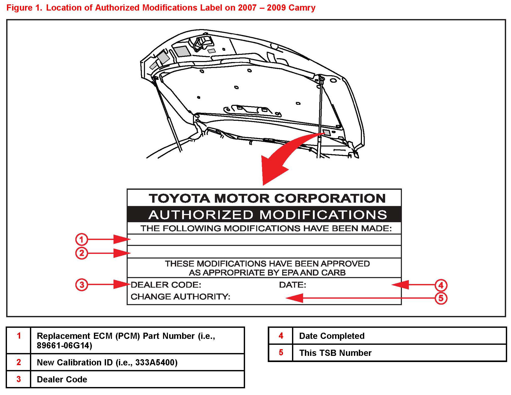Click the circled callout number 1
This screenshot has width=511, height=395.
point(81,239)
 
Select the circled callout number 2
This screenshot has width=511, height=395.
point(81,253)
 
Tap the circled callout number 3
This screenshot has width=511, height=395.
point(82,285)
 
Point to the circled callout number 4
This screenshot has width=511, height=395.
point(441,285)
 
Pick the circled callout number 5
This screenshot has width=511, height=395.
point(441,298)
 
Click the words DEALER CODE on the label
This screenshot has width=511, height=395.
point(166,285)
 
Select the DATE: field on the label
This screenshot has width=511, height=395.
point(293,285)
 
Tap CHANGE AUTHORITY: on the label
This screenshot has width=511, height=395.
point(180,297)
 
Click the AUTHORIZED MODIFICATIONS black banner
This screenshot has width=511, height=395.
point(267,214)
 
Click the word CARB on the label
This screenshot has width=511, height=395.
point(333,272)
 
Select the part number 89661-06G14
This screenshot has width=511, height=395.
point(64,346)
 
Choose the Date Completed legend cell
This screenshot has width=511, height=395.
point(332,336)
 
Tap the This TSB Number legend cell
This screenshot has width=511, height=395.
point(335,353)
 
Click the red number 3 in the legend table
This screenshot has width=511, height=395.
point(19,379)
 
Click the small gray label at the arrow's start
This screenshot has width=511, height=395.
point(327,133)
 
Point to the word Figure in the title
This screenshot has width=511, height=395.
point(20,8)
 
